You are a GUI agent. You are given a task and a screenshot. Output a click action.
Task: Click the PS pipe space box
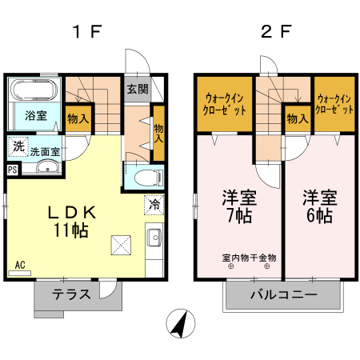click(12, 170)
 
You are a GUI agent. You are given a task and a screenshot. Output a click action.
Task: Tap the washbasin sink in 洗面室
click(46, 168)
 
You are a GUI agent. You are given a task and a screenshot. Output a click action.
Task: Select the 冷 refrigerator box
click(154, 206)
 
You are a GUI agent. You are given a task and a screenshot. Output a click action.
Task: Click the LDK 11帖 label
click(72, 221)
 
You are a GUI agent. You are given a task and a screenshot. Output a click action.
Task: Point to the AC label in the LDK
click(21, 264)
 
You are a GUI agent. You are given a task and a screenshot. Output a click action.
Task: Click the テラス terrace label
click(72, 294)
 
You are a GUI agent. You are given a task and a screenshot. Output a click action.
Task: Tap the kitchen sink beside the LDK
click(154, 237)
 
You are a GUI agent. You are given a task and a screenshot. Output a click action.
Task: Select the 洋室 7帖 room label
click(237, 205)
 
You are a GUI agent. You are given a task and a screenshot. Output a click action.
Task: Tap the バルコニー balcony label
click(283, 294)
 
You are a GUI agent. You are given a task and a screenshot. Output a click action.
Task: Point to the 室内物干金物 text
click(249, 258)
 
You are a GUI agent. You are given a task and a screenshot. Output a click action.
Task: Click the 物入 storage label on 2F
click(297, 119)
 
